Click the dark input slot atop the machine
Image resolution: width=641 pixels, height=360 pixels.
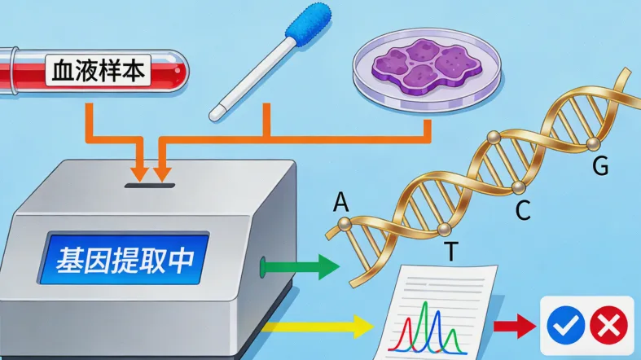(x=150, y=186)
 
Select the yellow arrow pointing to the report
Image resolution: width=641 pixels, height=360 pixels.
(x=325, y=327)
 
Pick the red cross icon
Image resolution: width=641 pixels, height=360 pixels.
(x=608, y=327)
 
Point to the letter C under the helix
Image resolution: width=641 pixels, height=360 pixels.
(x=523, y=211)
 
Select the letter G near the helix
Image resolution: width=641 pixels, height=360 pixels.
(x=600, y=166)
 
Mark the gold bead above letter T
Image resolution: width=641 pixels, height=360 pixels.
(x=444, y=229)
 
